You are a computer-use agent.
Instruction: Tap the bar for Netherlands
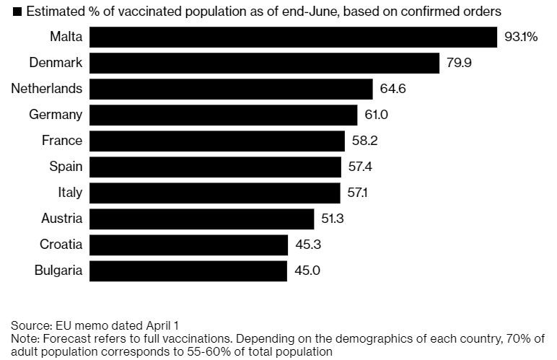pyautogui.click(x=230, y=89)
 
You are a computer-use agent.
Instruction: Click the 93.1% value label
pyautogui.click(x=521, y=37)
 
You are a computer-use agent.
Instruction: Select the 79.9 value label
pyautogui.click(x=459, y=63)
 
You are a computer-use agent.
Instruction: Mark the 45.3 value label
pyautogui.click(x=308, y=245)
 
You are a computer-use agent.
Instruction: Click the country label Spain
pyautogui.click(x=66, y=167)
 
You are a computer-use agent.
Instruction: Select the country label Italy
pyautogui.click(x=70, y=193)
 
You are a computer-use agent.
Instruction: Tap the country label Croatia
pyautogui.click(x=61, y=245)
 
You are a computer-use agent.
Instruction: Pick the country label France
pyautogui.click(x=62, y=141)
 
